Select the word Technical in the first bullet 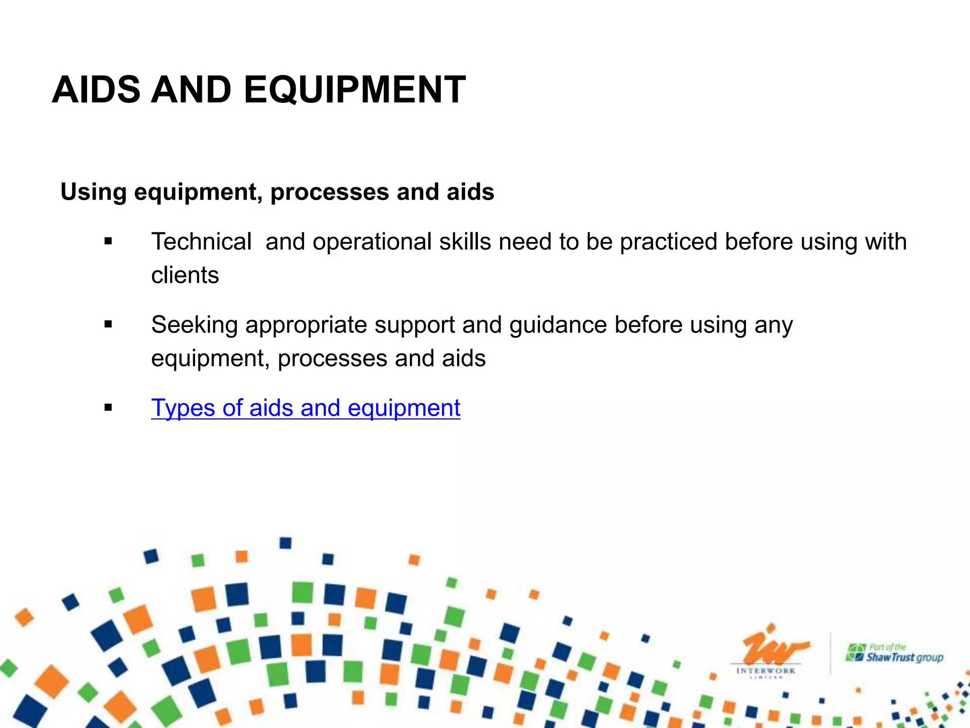(x=201, y=242)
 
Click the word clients (x=185, y=275)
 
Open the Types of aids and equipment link (x=305, y=408)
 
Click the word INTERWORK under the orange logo (x=766, y=671)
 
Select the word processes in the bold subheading (x=330, y=192)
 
